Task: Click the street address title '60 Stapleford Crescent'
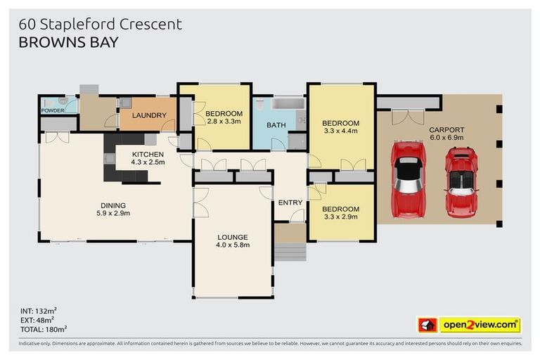[x=101, y=24]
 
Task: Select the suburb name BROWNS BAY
[x=68, y=42]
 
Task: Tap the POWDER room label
[x=53, y=111]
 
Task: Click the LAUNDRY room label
[x=149, y=115]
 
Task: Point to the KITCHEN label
[x=148, y=154]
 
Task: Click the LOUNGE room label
[x=233, y=237]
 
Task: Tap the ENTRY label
[x=290, y=202]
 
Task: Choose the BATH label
[x=276, y=125]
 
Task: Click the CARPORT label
[x=446, y=129]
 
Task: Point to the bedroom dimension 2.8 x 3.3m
[x=224, y=122]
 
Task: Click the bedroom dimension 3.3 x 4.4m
[x=340, y=131]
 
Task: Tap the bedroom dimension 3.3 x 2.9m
[x=340, y=217]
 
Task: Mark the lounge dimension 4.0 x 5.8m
[x=233, y=245]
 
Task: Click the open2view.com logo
[x=479, y=325]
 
